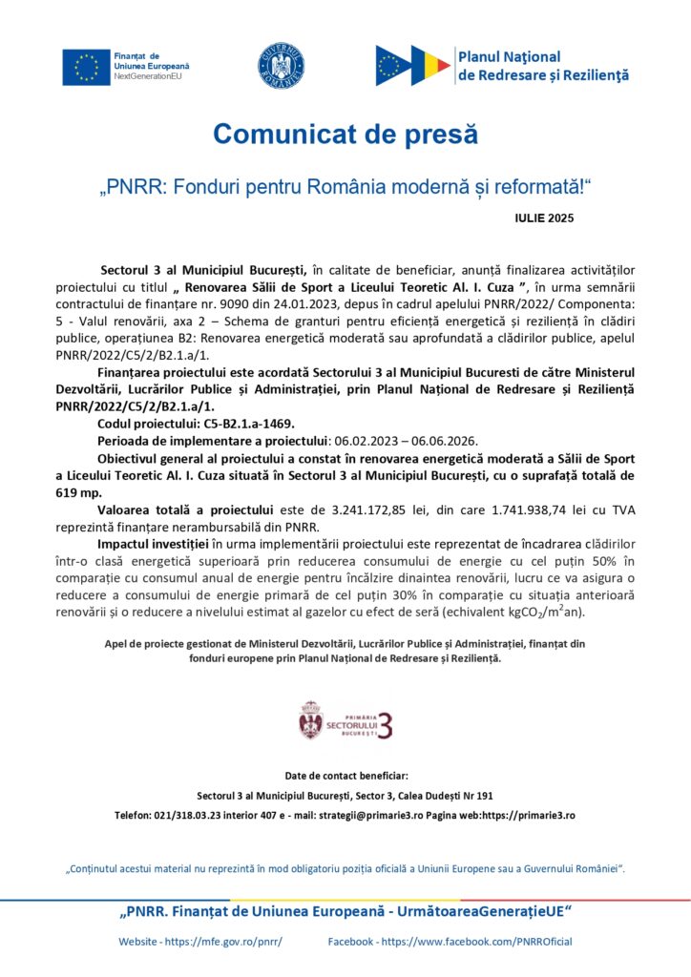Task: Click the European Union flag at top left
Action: tap(85, 65)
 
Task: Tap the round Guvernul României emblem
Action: tap(282, 66)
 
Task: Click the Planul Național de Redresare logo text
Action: tap(542, 66)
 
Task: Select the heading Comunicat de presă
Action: tap(345, 135)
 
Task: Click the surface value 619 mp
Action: tap(79, 493)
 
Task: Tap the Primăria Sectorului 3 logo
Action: tap(345, 720)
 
